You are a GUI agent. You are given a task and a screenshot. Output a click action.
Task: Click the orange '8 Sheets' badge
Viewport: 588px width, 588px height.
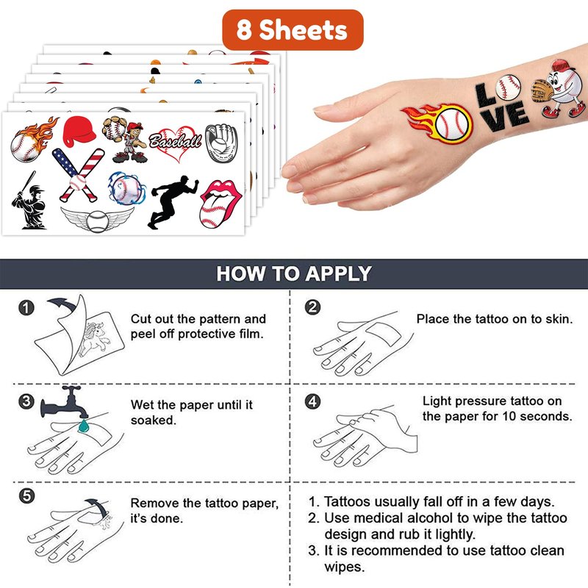click(x=293, y=30)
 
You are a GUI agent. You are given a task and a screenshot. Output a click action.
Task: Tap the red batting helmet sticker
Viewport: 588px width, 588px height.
click(x=79, y=130)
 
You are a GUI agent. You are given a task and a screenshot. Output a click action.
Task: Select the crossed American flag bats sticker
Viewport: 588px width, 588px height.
click(x=79, y=174)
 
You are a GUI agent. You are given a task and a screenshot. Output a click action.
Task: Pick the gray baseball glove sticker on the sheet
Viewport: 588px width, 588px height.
click(x=222, y=143)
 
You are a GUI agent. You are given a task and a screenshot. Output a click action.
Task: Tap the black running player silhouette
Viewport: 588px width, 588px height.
click(x=172, y=201)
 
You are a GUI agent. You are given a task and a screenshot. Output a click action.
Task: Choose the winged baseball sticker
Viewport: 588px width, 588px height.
click(x=98, y=220)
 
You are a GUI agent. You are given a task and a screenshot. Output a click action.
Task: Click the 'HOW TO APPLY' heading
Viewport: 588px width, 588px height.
click(x=294, y=273)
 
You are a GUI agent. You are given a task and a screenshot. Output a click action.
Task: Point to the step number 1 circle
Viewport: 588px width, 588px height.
click(x=26, y=308)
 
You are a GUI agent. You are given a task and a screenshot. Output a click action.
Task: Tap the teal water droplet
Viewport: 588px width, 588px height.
click(x=83, y=426)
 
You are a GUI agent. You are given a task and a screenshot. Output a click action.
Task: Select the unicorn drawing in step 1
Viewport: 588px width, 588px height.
click(x=95, y=339)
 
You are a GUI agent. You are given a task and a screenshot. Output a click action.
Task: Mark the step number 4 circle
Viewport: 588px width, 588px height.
click(x=313, y=401)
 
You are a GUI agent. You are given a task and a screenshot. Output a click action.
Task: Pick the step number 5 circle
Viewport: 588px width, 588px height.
click(x=26, y=496)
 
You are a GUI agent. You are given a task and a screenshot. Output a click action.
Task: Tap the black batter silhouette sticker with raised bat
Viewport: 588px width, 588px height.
click(x=29, y=201)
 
